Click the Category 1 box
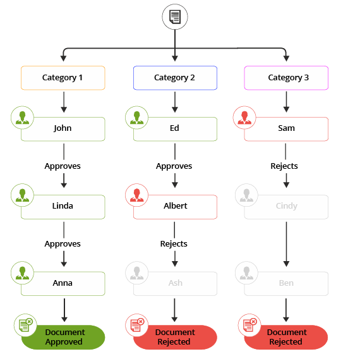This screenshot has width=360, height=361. (63, 78)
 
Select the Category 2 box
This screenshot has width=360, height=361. (175, 78)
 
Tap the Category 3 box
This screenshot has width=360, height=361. (286, 78)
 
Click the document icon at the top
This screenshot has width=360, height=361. (175, 17)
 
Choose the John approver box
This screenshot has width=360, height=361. (63, 128)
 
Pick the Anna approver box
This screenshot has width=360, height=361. (63, 283)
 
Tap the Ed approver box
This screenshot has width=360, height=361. (175, 128)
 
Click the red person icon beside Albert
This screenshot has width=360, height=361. (136, 195)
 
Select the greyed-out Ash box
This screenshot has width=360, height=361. (175, 283)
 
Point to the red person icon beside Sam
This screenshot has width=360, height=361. (245, 117)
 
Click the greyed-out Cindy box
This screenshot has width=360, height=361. (286, 206)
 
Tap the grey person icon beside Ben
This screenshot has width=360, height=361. (245, 272)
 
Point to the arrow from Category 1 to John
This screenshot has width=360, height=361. (63, 102)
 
